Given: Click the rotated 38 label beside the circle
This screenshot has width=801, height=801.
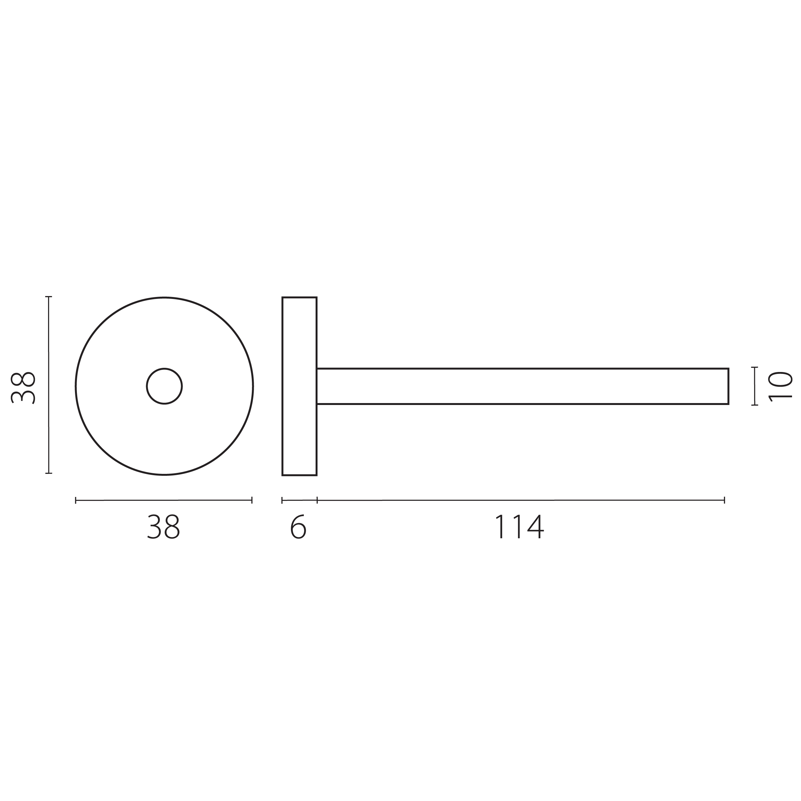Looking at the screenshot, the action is [x=23, y=388].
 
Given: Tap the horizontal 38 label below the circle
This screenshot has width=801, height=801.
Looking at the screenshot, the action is [x=164, y=526].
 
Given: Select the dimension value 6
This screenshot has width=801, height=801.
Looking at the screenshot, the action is [x=298, y=526].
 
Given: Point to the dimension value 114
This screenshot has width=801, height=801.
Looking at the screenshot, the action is [x=519, y=526].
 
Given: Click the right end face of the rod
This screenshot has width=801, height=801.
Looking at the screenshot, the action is [x=729, y=386].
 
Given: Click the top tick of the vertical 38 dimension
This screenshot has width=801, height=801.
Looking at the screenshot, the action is [x=48, y=297].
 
